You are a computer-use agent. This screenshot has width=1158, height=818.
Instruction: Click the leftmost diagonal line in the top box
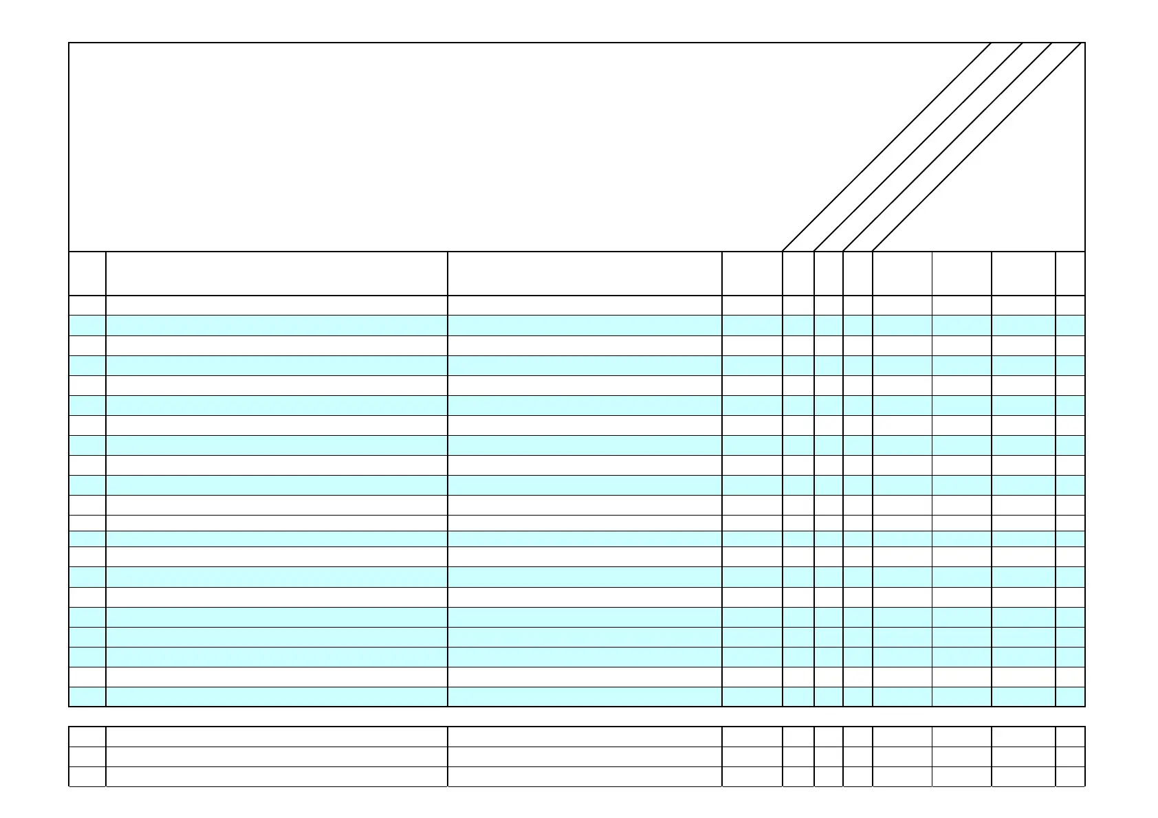coord(887,146)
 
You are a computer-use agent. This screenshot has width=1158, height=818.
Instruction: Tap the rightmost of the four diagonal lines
coord(977,146)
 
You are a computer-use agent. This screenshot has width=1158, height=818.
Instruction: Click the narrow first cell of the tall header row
coord(87,274)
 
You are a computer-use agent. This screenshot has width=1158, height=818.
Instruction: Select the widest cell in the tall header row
coord(276,274)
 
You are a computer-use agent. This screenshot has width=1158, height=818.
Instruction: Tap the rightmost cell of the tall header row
coord(1070,274)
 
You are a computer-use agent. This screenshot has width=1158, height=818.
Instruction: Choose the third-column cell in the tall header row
coord(585,274)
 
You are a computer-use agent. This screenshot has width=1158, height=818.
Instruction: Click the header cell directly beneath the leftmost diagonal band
coord(798,274)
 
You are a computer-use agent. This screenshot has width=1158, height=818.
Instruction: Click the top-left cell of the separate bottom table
coord(87,736)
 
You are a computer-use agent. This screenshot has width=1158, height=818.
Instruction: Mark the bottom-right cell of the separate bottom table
coord(1070,776)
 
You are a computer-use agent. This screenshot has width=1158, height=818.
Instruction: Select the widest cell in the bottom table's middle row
coord(276,756)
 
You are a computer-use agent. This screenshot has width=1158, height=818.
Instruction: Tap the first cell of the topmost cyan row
coord(87,325)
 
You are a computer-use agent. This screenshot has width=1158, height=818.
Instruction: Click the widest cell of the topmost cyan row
coord(276,325)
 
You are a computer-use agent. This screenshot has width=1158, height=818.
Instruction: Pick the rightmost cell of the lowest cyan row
coord(1070,696)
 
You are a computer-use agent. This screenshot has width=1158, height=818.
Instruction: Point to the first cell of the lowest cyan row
coord(87,696)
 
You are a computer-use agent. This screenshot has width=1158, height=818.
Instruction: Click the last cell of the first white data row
coord(1070,305)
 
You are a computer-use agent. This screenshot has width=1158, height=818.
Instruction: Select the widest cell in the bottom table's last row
coord(276,776)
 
